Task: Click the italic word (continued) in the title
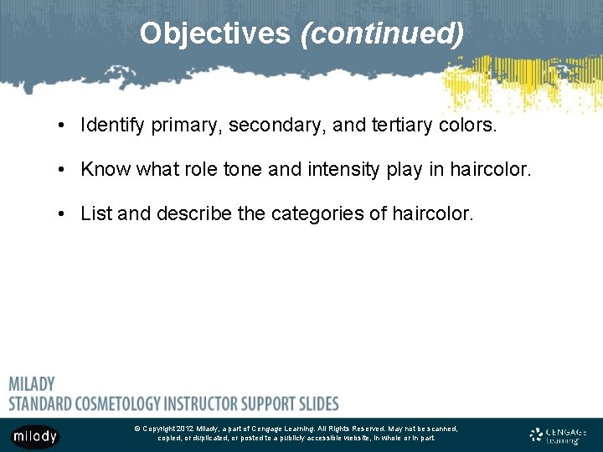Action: (x=382, y=33)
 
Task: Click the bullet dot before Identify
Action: (x=63, y=126)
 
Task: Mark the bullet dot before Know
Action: (x=63, y=170)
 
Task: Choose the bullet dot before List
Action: (x=63, y=214)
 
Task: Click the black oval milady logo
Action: (x=35, y=435)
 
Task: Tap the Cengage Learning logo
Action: (x=558, y=434)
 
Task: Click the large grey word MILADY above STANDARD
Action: (x=32, y=384)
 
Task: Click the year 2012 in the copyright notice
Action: (x=185, y=429)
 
